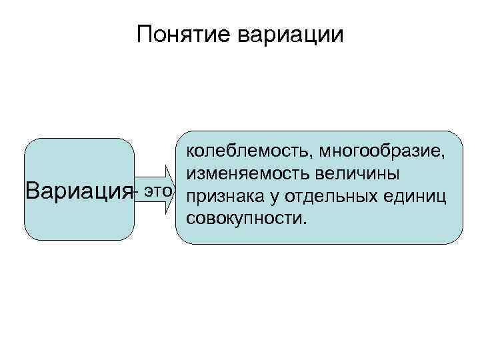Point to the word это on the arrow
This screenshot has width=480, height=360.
(x=158, y=192)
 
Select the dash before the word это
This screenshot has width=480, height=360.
(x=136, y=193)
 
